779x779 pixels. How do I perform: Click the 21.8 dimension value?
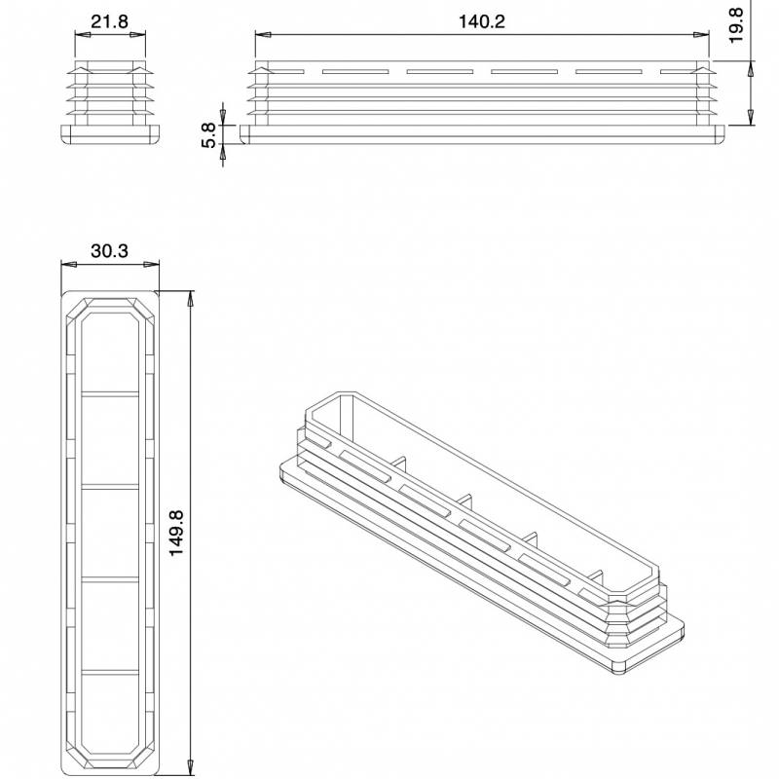click(x=109, y=21)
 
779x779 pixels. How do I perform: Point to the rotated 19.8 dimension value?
click(x=736, y=23)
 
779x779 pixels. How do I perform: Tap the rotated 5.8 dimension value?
click(x=207, y=135)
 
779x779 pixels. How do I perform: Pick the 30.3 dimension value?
click(x=109, y=251)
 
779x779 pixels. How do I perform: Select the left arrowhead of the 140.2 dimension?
click(x=260, y=35)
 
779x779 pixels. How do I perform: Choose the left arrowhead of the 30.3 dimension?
click(x=65, y=264)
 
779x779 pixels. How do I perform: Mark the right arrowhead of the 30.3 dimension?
click(x=155, y=264)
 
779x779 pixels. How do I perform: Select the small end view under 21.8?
click(x=110, y=101)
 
